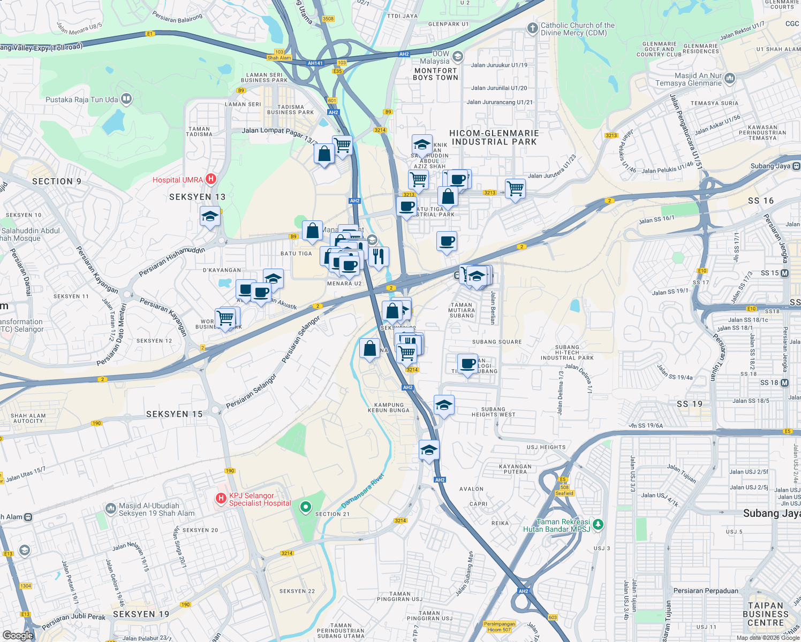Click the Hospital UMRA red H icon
(211, 179)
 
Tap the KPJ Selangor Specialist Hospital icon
(221, 499)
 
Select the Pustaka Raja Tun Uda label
(81, 100)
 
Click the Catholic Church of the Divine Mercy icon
(532, 28)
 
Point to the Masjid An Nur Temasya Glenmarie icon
(730, 79)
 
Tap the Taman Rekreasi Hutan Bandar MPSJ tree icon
(598, 525)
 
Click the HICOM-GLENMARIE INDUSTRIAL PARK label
(494, 137)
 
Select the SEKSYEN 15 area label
(174, 414)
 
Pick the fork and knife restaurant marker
(378, 257)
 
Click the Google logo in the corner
(18, 635)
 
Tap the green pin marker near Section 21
(305, 506)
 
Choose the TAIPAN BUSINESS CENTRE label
(765, 614)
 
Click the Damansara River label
(363, 491)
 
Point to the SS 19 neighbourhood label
(689, 404)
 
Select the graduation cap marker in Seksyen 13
(210, 217)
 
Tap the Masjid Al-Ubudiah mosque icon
(110, 508)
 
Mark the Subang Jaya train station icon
(796, 166)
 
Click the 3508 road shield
(328, 19)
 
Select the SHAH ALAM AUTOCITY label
(28, 418)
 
